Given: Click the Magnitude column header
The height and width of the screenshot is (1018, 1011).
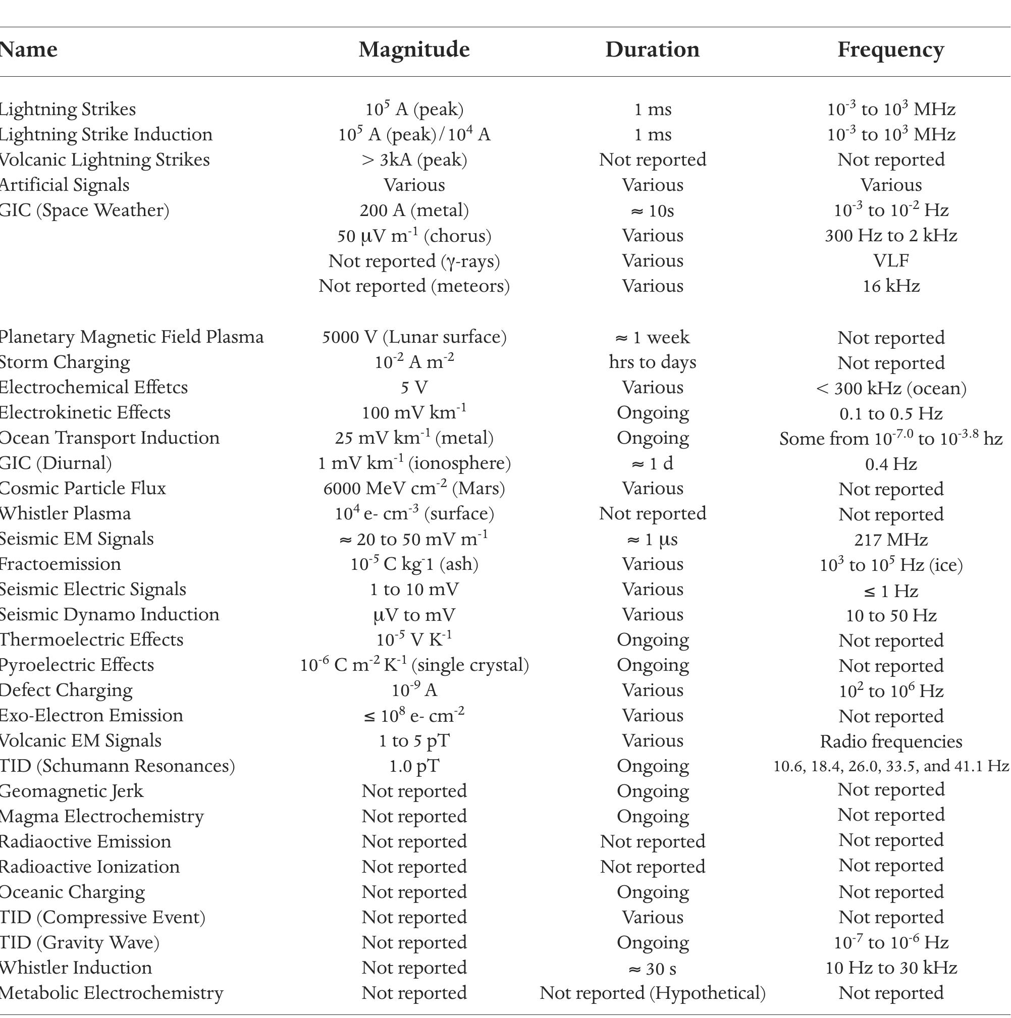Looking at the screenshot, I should tap(414, 49).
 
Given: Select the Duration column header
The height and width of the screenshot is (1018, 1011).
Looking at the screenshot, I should tap(652, 49).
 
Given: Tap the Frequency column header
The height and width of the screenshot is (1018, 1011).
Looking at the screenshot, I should tap(891, 49).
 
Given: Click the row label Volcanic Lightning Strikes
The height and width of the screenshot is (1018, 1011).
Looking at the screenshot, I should tap(104, 159).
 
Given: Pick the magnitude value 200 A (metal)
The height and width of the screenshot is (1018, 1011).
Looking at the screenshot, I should tap(414, 210).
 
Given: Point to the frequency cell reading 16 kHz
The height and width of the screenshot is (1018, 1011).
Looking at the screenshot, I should tap(891, 286).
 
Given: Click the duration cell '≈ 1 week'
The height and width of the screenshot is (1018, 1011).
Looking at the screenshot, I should tap(652, 337).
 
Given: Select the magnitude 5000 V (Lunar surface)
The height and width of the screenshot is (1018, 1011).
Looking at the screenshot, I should tap(414, 337).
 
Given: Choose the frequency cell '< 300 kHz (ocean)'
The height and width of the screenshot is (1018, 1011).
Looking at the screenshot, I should tap(891, 388).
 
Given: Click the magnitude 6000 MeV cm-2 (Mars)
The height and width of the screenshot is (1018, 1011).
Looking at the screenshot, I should tap(414, 489).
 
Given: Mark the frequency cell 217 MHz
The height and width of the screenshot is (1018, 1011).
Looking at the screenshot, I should tap(891, 540).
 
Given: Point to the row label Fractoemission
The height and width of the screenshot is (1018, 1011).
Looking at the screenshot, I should tap(60, 564).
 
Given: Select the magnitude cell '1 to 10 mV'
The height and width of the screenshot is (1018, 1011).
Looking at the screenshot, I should tap(414, 590).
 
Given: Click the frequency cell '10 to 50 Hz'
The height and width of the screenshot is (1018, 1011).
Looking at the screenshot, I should tap(891, 615).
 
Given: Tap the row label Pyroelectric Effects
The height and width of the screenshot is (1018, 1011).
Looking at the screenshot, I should tap(77, 666).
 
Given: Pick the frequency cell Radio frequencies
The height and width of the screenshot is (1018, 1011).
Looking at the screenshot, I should tap(891, 741).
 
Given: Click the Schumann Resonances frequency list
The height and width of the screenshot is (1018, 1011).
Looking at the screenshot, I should tap(891, 766).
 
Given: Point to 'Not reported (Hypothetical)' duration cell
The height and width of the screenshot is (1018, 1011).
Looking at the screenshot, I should tap(652, 993).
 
